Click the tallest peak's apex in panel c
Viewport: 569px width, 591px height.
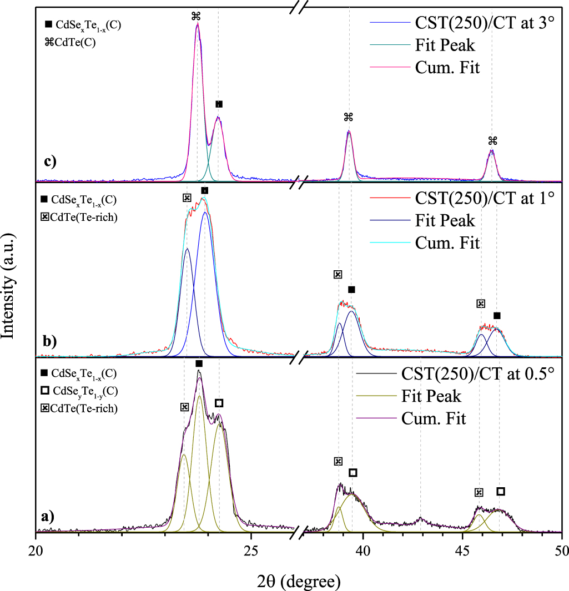coord(197,24)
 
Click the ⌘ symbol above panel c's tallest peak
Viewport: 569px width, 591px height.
coord(196,16)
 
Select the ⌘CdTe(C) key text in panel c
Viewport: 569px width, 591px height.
coord(71,39)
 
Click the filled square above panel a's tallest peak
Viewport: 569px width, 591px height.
coord(199,363)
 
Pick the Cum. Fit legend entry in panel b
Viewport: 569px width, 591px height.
coord(447,243)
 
